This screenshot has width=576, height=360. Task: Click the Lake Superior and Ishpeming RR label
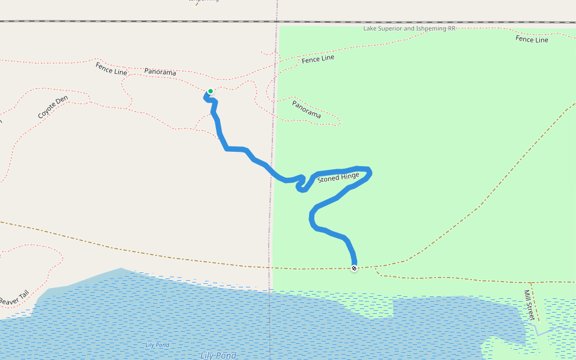pyautogui.click(x=409, y=28)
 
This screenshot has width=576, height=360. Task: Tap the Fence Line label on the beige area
pyautogui.click(x=112, y=68)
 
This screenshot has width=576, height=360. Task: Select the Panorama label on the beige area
pyautogui.click(x=160, y=72)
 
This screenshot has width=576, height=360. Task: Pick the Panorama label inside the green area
pyautogui.click(x=307, y=109)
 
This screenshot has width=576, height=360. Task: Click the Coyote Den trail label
pyautogui.click(x=53, y=107)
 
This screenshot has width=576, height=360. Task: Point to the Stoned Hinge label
pyautogui.click(x=338, y=177)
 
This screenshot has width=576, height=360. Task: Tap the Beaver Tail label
pyautogui.click(x=14, y=298)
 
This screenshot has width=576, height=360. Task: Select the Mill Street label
pyautogui.click(x=529, y=305)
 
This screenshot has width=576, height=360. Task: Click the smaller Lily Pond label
pyautogui.click(x=157, y=345)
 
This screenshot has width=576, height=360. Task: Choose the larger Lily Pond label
pyautogui.click(x=218, y=356)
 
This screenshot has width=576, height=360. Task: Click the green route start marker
pyautogui.click(x=210, y=92)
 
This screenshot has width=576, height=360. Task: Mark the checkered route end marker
pyautogui.click(x=354, y=268)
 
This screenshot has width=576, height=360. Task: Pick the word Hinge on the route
pyautogui.click(x=350, y=175)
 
